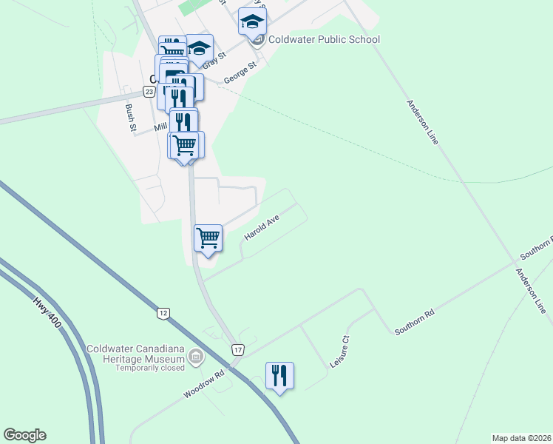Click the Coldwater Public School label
[324, 40]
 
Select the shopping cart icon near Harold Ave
[208, 238]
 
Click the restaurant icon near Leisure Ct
[279, 376]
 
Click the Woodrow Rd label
[203, 384]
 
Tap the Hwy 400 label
[46, 313]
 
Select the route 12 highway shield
[163, 314]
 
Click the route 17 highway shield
[237, 349]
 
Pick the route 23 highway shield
[149, 91]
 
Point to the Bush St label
[132, 118]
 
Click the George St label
[240, 72]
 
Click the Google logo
[24, 435]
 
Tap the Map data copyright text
[521, 437]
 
